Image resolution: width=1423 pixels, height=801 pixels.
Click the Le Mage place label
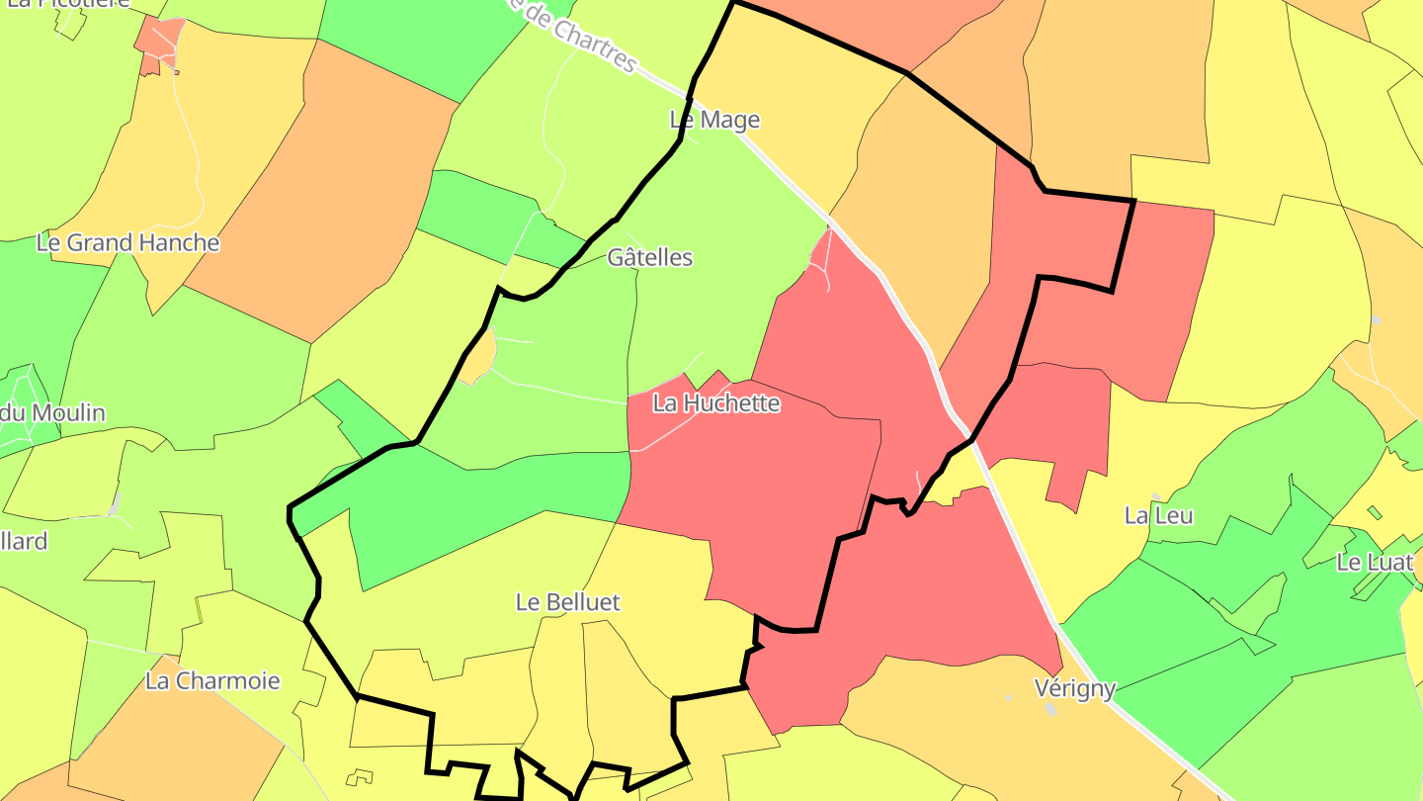(714, 120)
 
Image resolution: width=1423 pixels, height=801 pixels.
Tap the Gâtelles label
(649, 257)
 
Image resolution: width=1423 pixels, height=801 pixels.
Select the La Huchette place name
(716, 403)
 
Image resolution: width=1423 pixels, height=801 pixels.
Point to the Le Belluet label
(568, 601)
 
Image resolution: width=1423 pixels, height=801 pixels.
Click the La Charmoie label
(212, 680)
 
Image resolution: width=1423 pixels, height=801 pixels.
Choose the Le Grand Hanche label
(127, 242)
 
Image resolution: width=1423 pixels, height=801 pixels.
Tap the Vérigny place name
(1075, 688)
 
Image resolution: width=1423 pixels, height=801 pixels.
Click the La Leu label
(1159, 515)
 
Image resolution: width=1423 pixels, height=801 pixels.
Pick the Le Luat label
(1375, 562)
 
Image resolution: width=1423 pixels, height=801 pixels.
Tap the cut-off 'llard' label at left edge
(24, 542)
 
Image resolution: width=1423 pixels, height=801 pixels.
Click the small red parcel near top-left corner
(158, 45)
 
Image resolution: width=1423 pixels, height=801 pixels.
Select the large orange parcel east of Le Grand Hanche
(326, 188)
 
